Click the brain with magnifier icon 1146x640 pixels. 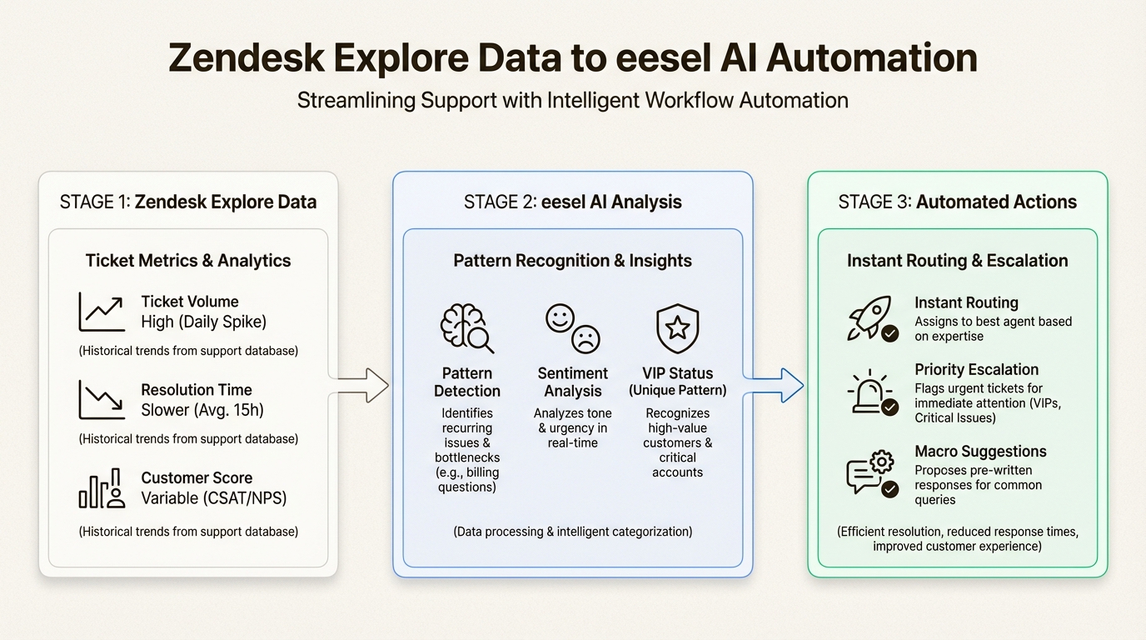coord(466,328)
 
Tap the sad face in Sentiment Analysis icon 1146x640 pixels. coord(585,338)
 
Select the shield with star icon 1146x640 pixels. coord(677,328)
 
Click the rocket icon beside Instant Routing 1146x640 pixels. coord(870,318)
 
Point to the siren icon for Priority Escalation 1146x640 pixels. coord(870,392)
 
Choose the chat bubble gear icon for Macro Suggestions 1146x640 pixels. coord(870,473)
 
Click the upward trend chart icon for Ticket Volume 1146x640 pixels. coord(102,312)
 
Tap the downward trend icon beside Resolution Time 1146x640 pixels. coord(102,400)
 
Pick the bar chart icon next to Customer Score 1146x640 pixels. coord(102,488)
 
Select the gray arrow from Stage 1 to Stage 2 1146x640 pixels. coord(360,385)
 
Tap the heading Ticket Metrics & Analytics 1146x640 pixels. coord(188,261)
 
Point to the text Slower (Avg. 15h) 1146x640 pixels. coord(202,410)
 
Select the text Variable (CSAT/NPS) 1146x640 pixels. coord(214,498)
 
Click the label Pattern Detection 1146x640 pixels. coord(467,382)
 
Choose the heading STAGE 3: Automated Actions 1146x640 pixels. coord(957,202)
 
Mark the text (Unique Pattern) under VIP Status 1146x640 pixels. coord(677,390)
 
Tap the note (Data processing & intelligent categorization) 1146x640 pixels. coord(572,531)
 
